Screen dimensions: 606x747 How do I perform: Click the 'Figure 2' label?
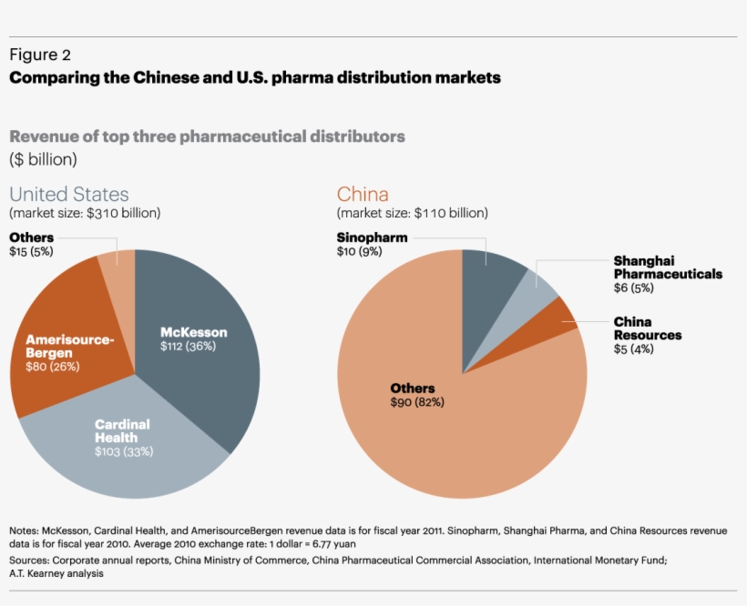click(x=40, y=55)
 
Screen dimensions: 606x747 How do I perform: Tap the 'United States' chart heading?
click(x=69, y=194)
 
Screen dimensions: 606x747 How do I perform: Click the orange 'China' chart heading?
click(x=363, y=194)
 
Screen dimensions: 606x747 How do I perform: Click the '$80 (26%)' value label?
click(x=53, y=367)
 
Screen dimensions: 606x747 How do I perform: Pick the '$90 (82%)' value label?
click(x=417, y=402)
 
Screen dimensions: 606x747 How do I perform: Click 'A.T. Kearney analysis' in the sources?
click(x=56, y=573)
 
